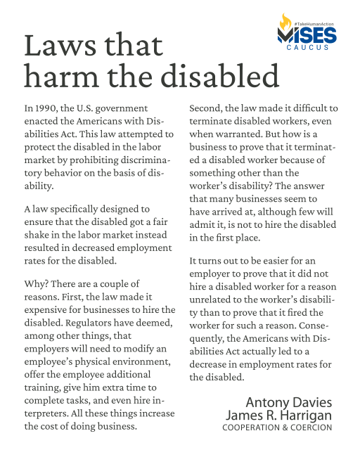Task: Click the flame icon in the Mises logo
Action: tap(284, 21)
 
